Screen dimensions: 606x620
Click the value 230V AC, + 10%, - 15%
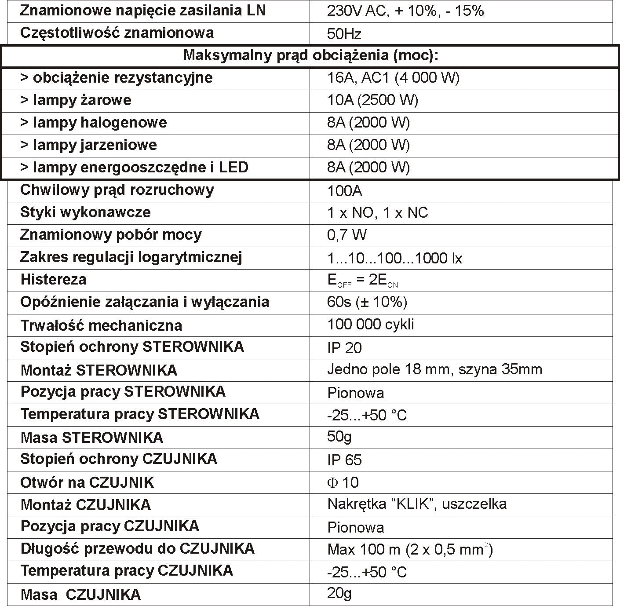tap(405, 11)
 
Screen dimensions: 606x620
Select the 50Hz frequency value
tap(344, 34)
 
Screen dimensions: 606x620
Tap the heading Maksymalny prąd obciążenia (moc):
tap(311, 55)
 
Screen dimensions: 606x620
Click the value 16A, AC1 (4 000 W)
tap(393, 78)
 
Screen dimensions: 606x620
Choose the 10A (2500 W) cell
tap(372, 100)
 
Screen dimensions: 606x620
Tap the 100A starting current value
tap(345, 191)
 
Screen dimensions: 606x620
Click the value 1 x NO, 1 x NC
tap(377, 213)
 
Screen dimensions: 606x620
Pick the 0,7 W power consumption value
tap(346, 235)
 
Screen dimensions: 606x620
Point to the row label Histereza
tap(53, 280)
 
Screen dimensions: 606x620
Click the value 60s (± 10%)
tap(367, 302)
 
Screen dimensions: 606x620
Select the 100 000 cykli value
tap(370, 325)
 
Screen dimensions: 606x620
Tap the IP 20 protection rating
tap(344, 348)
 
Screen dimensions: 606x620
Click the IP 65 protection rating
tap(344, 460)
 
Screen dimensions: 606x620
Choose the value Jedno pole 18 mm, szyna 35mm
tap(434, 369)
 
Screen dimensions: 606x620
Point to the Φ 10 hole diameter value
tap(343, 482)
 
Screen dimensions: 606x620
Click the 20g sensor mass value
tap(339, 593)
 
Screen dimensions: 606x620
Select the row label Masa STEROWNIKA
tap(91, 438)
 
